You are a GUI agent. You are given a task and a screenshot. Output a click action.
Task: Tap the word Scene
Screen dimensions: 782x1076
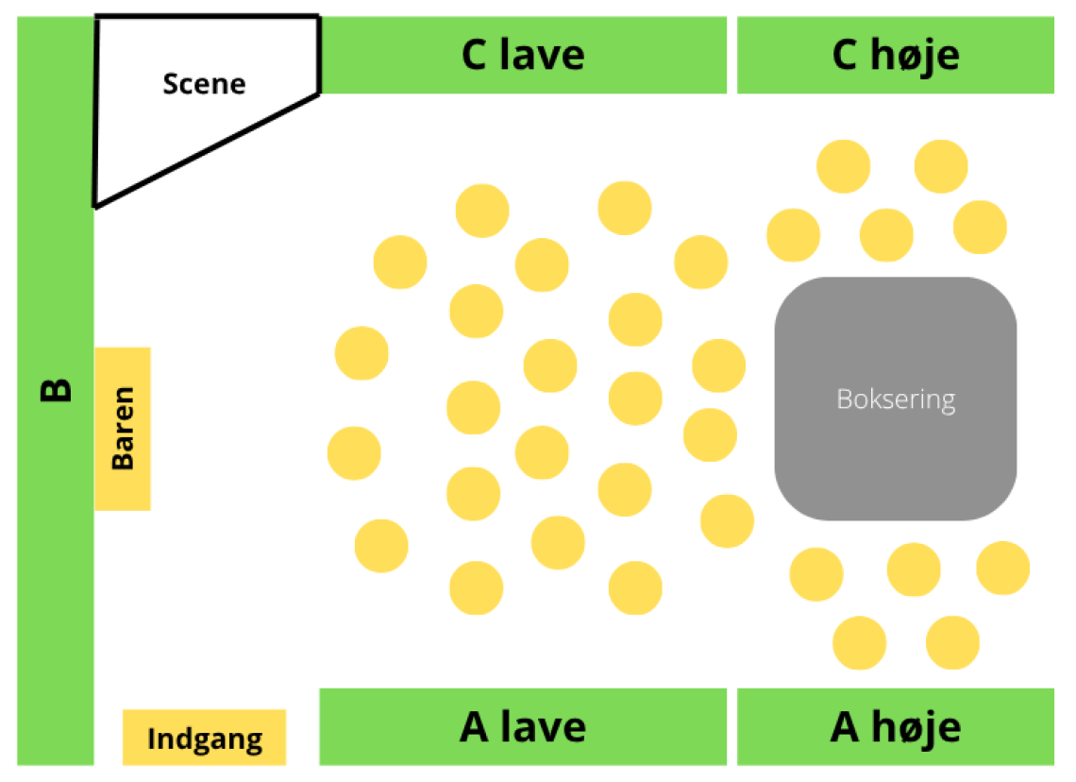(204, 84)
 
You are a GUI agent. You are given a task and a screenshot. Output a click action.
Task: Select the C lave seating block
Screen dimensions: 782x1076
(523, 55)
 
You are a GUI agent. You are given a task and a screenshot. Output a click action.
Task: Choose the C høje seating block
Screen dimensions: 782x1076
(895, 55)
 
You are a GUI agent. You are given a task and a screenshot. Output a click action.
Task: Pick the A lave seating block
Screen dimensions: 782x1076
(523, 726)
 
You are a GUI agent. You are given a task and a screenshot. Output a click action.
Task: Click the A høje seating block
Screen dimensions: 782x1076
(895, 726)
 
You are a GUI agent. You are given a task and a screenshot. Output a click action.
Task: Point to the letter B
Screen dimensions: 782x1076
(56, 390)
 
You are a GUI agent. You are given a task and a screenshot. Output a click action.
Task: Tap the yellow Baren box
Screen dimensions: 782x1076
(123, 429)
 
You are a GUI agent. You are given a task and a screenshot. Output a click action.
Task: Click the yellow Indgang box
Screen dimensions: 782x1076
(204, 737)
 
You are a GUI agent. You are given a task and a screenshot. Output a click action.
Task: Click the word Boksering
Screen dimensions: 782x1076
(895, 399)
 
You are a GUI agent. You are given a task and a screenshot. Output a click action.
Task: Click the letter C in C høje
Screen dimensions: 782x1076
(846, 55)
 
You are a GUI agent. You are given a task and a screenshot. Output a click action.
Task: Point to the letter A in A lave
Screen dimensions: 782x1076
(475, 726)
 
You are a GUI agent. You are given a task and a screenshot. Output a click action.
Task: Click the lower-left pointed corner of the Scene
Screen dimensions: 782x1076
(95, 204)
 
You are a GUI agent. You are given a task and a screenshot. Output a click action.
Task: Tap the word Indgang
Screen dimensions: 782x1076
(204, 739)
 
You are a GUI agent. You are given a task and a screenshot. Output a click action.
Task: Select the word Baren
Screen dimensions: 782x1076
(123, 429)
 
